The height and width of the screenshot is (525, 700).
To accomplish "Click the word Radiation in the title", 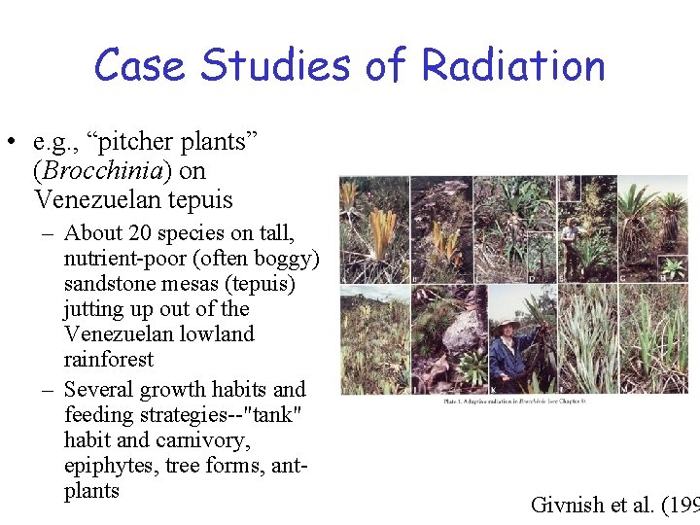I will (x=513, y=65).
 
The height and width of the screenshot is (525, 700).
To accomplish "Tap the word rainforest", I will (x=108, y=360).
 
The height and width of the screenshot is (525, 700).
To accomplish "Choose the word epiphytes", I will (x=111, y=466).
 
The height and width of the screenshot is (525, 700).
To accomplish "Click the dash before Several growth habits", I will (x=47, y=390).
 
